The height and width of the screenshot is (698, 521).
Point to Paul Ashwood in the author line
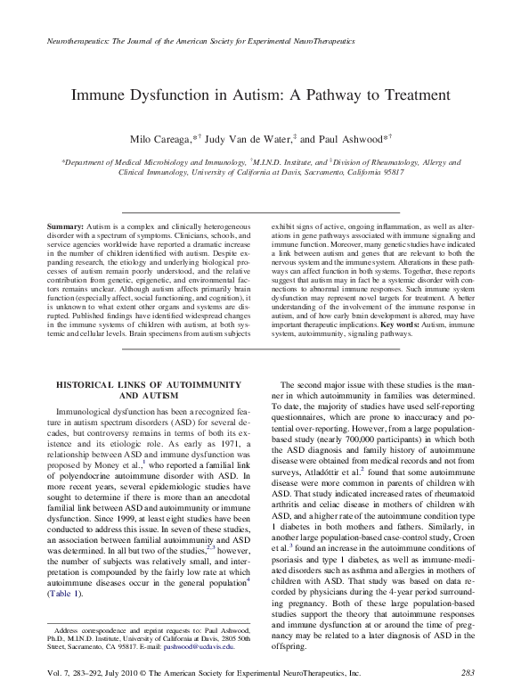tap(350, 141)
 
